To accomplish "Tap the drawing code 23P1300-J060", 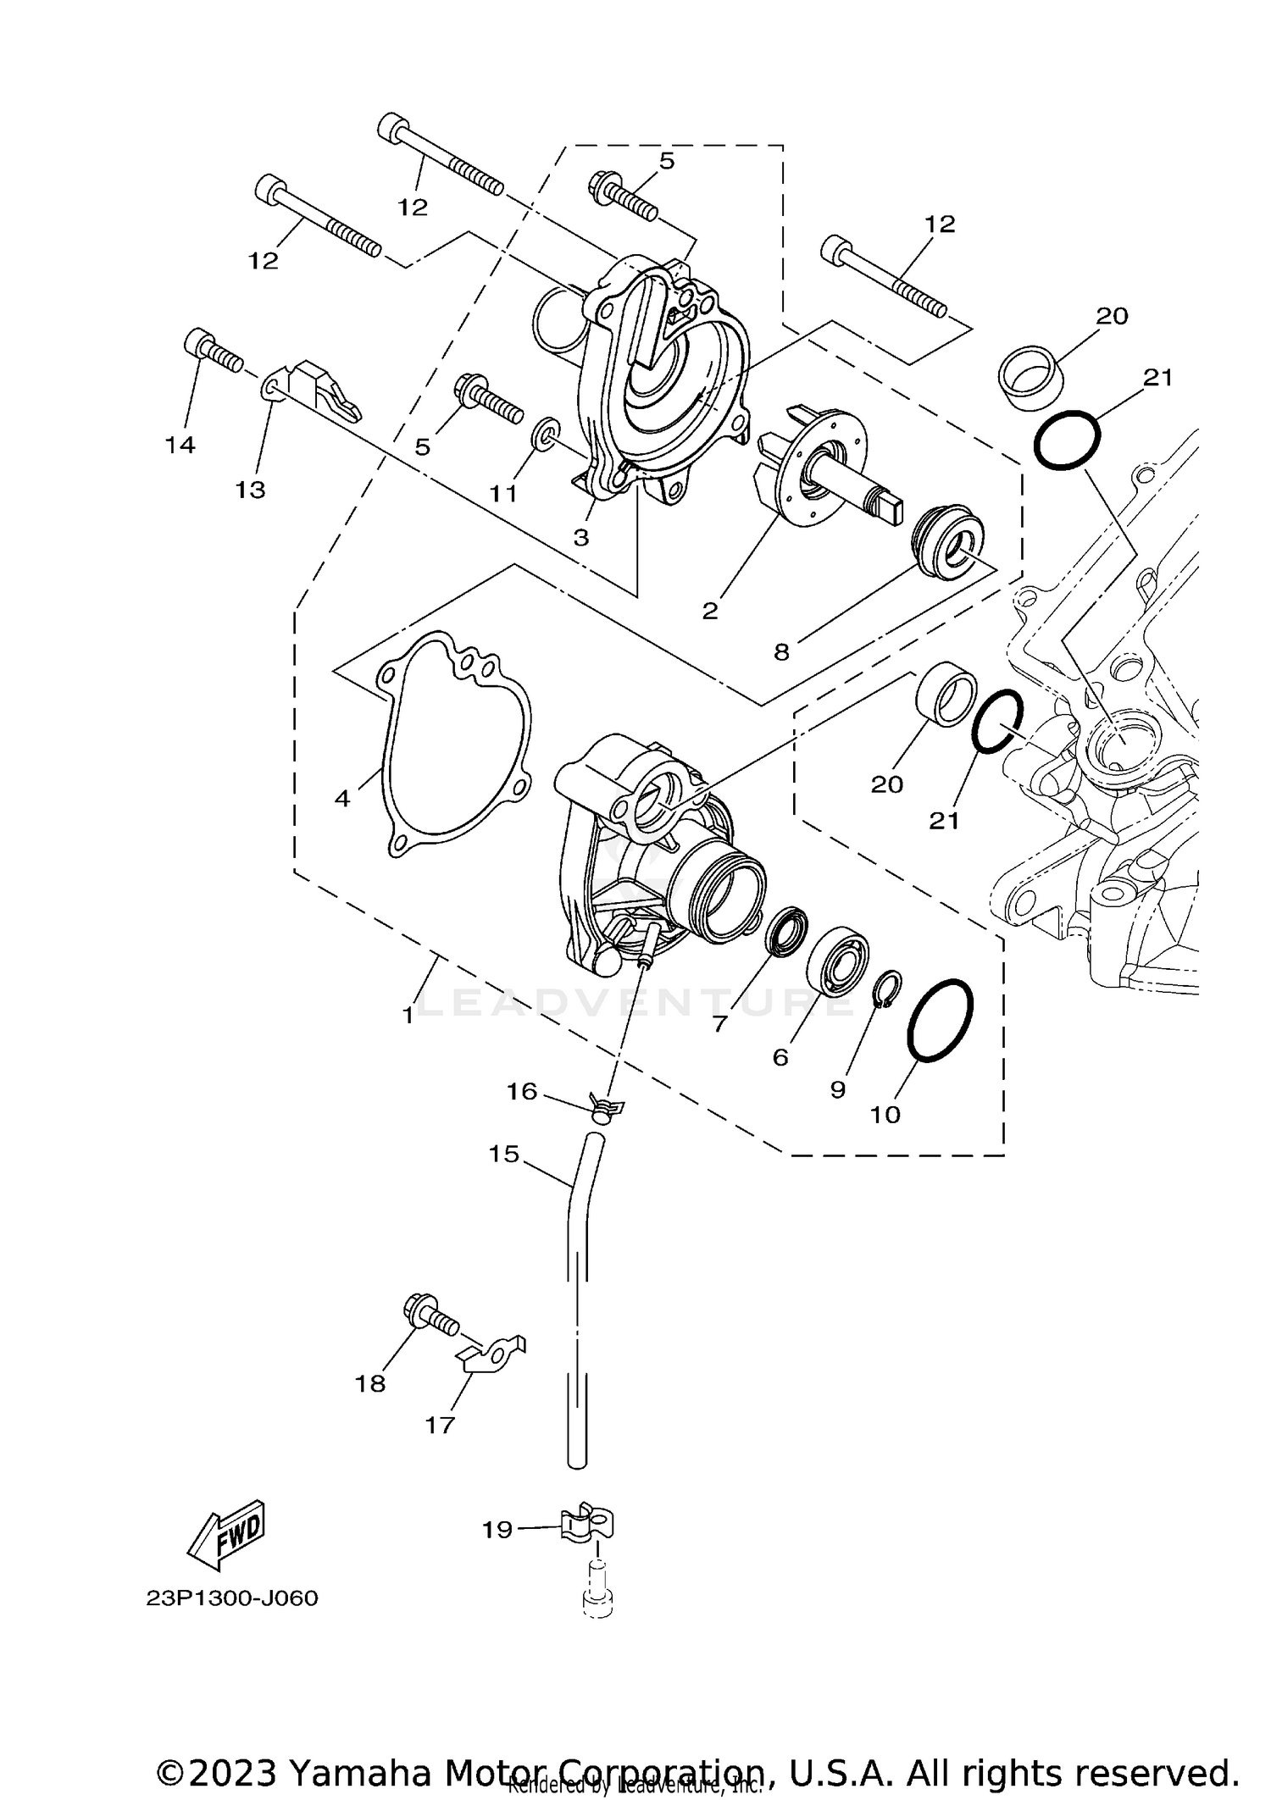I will click(231, 1598).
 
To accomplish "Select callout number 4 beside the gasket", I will click(342, 798).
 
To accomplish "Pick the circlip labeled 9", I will click(887, 989).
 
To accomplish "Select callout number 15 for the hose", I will click(503, 1154).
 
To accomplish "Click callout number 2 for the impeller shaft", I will click(710, 611).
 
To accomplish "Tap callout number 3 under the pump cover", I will click(580, 537).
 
